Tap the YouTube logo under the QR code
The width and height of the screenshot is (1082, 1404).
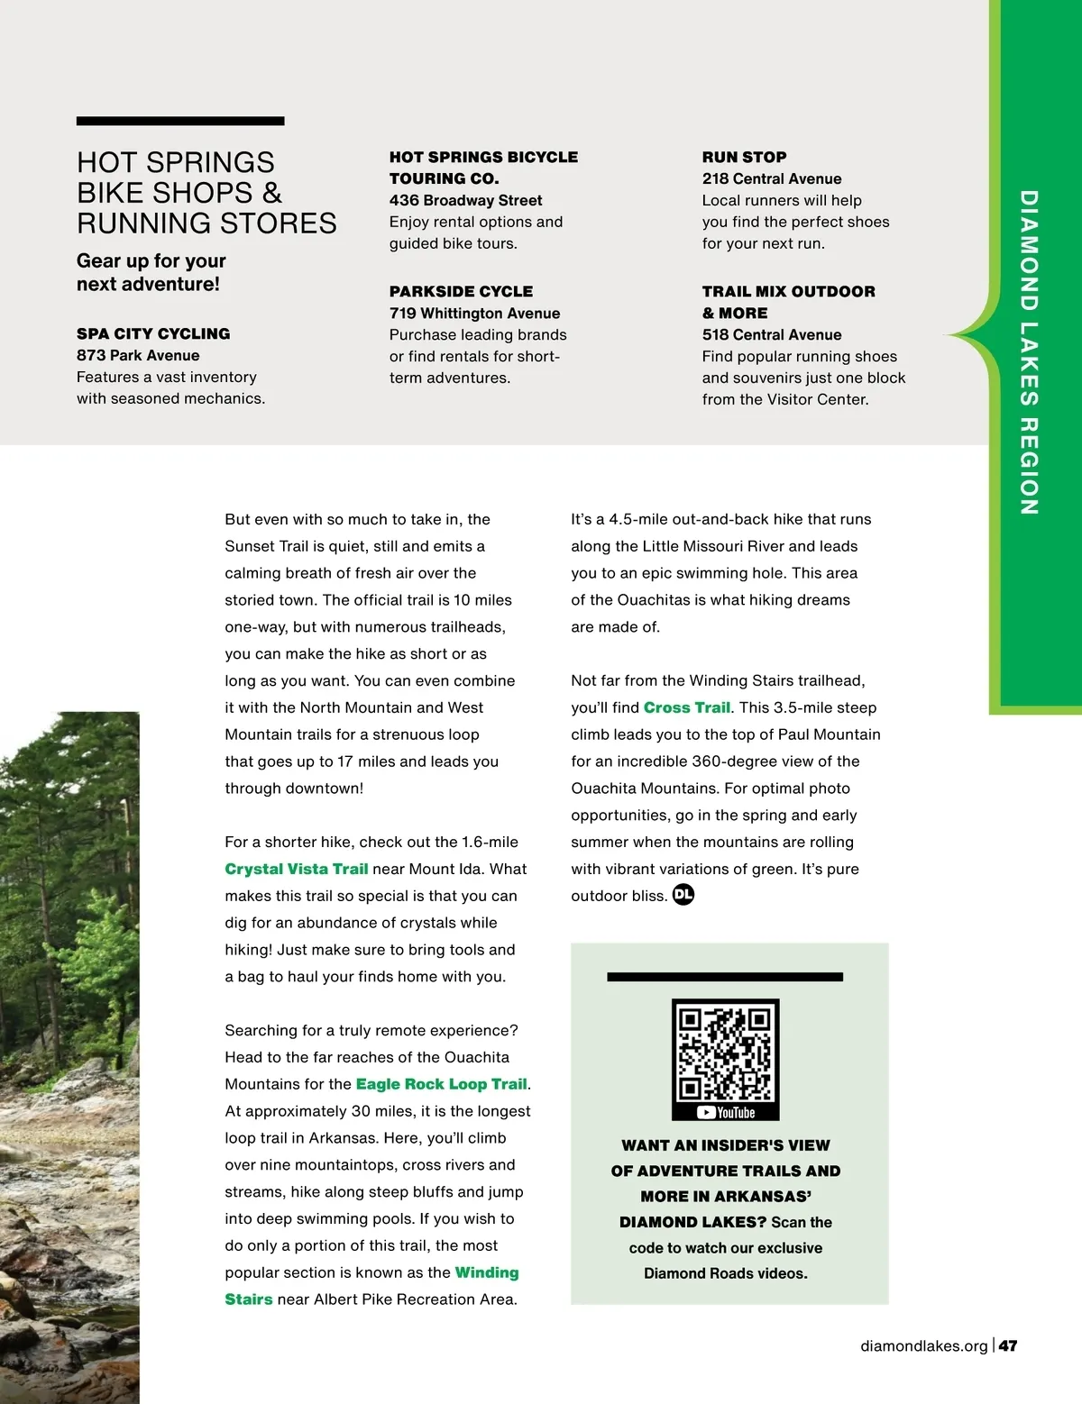(726, 1113)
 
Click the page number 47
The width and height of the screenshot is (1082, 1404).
(1008, 1345)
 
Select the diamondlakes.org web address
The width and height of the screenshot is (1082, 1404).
(924, 1345)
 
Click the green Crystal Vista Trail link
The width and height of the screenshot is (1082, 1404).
(297, 869)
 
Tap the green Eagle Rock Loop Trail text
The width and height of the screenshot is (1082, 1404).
(441, 1084)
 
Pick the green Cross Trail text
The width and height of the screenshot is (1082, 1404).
(686, 707)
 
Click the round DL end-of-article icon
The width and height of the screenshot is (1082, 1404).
(683, 895)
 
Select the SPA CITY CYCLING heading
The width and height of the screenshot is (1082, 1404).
(153, 333)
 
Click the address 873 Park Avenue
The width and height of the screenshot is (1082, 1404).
(138, 355)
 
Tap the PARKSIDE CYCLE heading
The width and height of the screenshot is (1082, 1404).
(461, 291)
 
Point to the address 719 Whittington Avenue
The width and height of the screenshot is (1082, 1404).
(474, 313)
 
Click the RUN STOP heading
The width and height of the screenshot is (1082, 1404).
(744, 157)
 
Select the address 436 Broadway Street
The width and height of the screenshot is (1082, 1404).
(465, 200)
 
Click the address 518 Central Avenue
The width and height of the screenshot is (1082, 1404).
(772, 334)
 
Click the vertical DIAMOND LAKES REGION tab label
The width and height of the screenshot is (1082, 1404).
(1029, 352)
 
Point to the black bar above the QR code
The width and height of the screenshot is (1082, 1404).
(725, 977)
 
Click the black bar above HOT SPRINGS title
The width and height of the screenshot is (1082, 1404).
(180, 121)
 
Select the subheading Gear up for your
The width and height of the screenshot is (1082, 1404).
(151, 260)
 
